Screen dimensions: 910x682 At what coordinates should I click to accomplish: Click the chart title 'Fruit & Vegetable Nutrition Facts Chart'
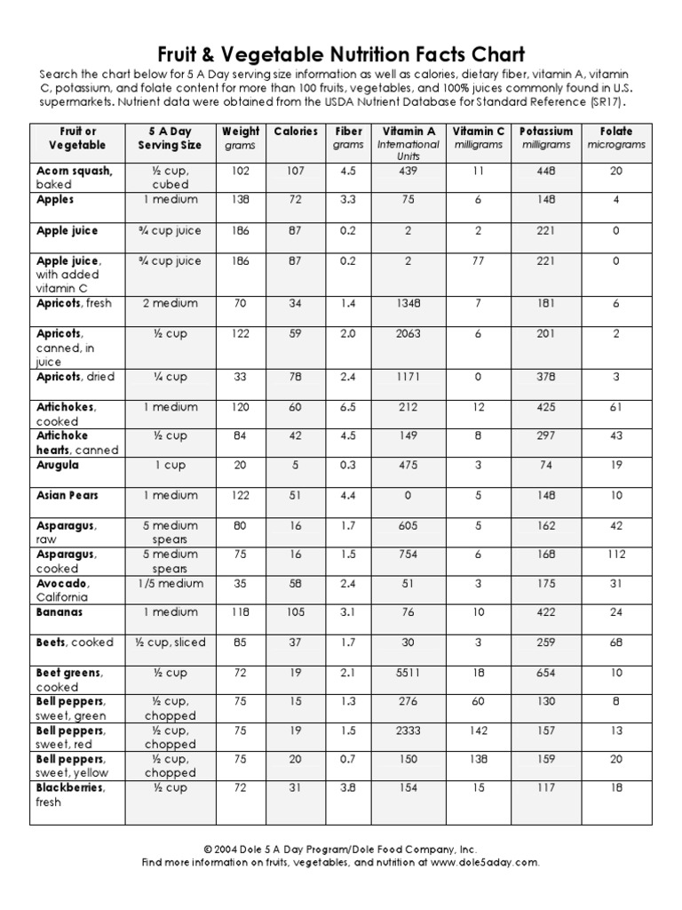click(x=340, y=53)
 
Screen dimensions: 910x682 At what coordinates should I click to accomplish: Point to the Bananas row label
click(x=59, y=612)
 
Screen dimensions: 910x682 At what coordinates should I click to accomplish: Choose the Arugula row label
click(x=58, y=465)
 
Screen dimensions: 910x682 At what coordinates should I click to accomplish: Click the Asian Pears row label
click(x=67, y=495)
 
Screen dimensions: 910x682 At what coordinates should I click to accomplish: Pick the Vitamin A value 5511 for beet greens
click(x=408, y=673)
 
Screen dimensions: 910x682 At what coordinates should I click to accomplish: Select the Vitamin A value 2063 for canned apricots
click(x=408, y=333)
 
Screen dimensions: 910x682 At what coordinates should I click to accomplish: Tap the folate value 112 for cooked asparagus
click(x=616, y=554)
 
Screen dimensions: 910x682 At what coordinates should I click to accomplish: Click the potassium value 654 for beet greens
click(x=546, y=673)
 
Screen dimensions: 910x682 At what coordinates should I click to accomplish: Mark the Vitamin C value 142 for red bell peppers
click(x=479, y=730)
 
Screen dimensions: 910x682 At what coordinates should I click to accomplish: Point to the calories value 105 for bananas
click(x=296, y=612)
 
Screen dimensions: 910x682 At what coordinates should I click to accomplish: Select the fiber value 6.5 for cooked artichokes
click(x=348, y=407)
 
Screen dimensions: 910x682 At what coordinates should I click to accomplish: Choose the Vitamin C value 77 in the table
click(x=479, y=260)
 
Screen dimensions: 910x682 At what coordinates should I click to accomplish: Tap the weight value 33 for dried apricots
click(x=241, y=377)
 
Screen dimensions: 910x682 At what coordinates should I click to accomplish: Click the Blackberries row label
click(x=70, y=787)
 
